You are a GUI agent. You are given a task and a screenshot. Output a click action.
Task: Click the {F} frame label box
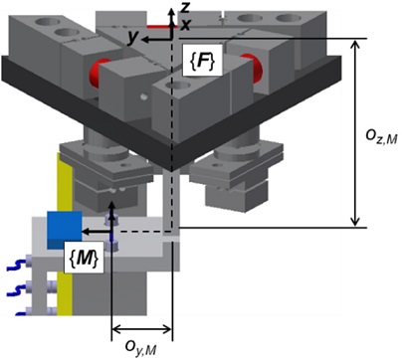(202, 61)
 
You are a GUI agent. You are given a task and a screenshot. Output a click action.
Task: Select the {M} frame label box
(84, 258)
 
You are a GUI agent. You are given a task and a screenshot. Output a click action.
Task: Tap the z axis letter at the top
(184, 7)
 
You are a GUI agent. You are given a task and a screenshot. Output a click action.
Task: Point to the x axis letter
(185, 25)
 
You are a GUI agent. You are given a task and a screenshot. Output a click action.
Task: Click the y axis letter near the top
(133, 38)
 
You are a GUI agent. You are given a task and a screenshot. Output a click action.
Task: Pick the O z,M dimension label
(380, 137)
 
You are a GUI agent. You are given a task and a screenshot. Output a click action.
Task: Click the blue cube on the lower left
(65, 230)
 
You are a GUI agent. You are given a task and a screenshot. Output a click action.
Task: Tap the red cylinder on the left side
(99, 73)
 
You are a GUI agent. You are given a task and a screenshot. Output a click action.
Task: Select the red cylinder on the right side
(253, 68)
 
